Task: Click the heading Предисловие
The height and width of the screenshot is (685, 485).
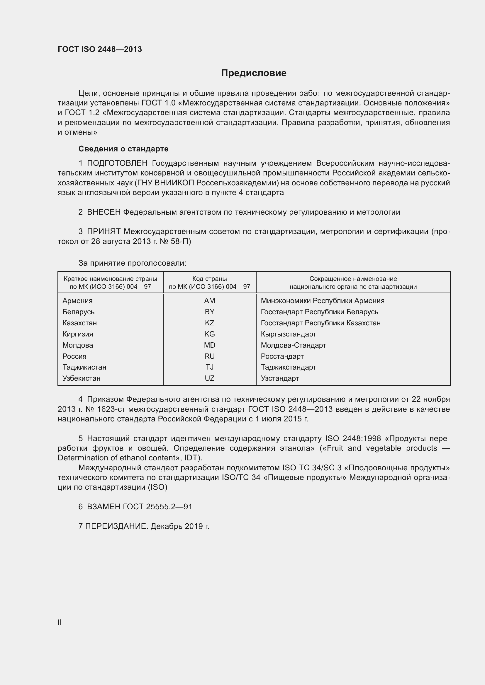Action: pyautogui.click(x=254, y=73)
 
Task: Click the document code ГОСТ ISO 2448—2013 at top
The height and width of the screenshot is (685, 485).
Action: pyautogui.click(x=100, y=49)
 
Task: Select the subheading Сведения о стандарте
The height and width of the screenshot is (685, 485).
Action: pyautogui.click(x=123, y=148)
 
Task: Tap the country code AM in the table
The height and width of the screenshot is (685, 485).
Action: pyautogui.click(x=209, y=300)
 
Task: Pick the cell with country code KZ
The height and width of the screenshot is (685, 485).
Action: pyautogui.click(x=209, y=323)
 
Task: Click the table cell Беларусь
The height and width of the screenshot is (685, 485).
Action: pyautogui.click(x=78, y=312)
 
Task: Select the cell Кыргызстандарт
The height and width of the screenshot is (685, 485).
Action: pyautogui.click(x=288, y=334)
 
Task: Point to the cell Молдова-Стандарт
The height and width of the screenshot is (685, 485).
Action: pyautogui.click(x=293, y=345)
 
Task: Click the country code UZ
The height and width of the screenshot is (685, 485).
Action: pyautogui.click(x=209, y=378)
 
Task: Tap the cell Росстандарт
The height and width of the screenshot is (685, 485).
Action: pyautogui.click(x=282, y=356)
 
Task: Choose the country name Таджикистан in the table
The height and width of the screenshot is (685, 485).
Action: pyautogui.click(x=84, y=367)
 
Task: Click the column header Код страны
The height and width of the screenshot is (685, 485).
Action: pyautogui.click(x=209, y=279)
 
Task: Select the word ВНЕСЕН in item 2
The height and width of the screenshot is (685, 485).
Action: pyautogui.click(x=104, y=212)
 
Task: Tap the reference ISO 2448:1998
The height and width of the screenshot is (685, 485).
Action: pyautogui.click(x=353, y=438)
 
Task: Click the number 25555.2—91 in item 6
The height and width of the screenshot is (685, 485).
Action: pyautogui.click(x=169, y=507)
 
